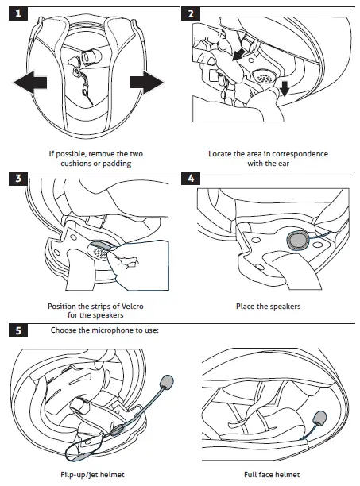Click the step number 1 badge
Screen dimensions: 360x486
tap(18, 13)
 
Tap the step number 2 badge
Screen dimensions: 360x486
tap(191, 13)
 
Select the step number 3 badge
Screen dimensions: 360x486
tap(18, 179)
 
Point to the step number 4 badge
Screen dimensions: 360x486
tap(191, 179)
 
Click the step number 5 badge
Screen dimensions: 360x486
tap(18, 330)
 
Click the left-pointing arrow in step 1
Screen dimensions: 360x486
tap(30, 83)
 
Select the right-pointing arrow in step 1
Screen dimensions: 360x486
tap(147, 83)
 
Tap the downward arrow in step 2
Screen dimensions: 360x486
tap(284, 88)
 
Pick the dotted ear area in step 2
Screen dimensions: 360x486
tap(264, 76)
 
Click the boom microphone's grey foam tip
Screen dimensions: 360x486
tap(167, 381)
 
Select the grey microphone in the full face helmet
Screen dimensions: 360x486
tap(319, 418)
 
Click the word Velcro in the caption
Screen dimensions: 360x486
tap(132, 307)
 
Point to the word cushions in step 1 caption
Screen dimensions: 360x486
tap(74, 164)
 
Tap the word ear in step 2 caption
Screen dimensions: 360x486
tap(283, 164)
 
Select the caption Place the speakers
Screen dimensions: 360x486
tap(269, 307)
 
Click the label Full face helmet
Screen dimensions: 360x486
tap(272, 475)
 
